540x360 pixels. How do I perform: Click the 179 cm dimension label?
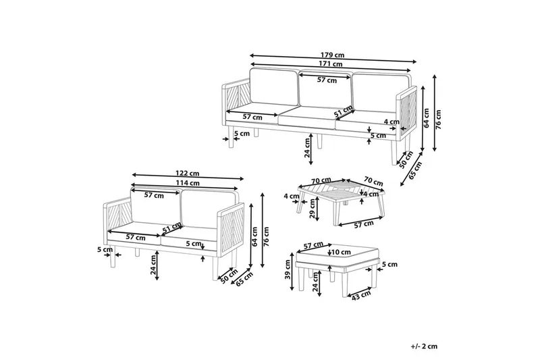point(332,55)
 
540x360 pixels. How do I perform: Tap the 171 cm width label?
point(331,64)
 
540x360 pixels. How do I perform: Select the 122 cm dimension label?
point(188,174)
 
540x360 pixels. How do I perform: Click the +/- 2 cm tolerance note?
point(424,346)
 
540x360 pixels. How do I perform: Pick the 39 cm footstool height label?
point(288,270)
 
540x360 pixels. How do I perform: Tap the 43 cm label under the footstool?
point(361,296)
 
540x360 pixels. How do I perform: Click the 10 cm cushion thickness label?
point(341,253)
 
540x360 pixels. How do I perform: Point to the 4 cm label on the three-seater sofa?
point(391,122)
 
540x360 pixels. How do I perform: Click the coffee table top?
point(341,192)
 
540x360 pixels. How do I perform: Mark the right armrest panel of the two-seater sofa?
point(231,230)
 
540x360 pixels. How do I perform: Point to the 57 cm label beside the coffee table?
point(364,224)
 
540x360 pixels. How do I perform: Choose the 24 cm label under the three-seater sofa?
point(308,147)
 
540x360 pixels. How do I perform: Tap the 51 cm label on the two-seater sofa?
point(172,228)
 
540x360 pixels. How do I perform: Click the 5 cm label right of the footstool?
point(390,265)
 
